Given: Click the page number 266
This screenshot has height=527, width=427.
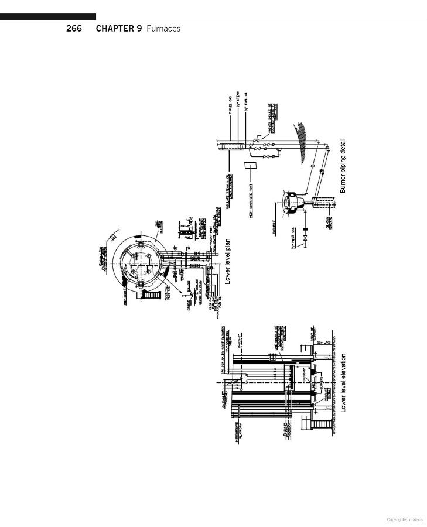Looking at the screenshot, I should coord(74,28).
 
